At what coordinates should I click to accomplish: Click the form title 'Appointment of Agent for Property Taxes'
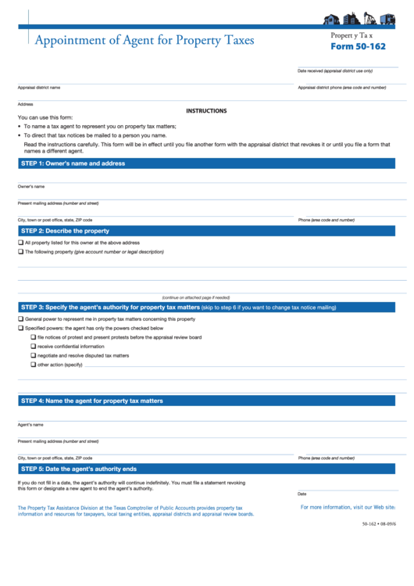tap(144, 40)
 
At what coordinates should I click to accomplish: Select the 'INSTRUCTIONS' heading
tap(206, 111)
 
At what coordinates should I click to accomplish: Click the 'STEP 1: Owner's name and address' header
tap(73, 164)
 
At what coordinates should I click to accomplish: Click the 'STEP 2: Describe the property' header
tap(65, 231)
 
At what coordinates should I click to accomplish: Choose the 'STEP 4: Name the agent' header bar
tap(91, 401)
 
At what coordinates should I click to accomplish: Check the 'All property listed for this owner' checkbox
tap(20, 243)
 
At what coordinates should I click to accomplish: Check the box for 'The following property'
tap(20, 252)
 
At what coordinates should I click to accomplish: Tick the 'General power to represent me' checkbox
tap(20, 319)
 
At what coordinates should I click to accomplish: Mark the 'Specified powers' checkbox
tap(20, 329)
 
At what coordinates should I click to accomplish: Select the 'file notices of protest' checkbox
tap(33, 337)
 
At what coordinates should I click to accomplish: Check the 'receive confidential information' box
tap(33, 347)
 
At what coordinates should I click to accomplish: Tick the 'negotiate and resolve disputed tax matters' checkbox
tap(33, 355)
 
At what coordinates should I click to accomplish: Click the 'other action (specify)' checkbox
tap(33, 365)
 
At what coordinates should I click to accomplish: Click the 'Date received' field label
tap(334, 71)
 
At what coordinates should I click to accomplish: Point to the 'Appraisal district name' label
tap(39, 88)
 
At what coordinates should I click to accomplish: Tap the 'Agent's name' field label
tap(30, 425)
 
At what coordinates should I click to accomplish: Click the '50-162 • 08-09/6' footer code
tap(379, 523)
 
